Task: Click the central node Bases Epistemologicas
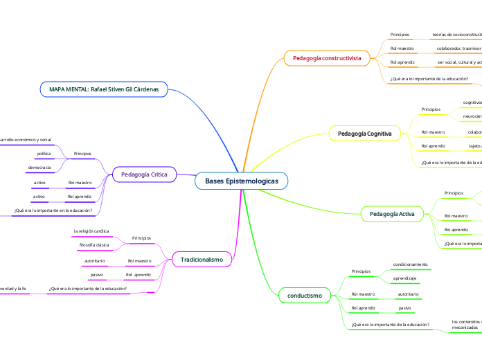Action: (x=241, y=181)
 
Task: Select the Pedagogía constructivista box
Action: (x=326, y=59)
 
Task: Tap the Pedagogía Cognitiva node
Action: (x=364, y=133)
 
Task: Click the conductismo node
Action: (x=304, y=296)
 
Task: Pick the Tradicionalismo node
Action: (x=202, y=260)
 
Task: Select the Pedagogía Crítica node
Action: (x=144, y=174)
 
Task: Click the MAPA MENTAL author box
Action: (x=103, y=89)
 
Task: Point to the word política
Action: (x=44, y=153)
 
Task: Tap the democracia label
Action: (x=39, y=168)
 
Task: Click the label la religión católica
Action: (x=91, y=231)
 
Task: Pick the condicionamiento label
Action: (x=410, y=264)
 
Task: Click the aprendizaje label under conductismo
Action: (x=404, y=278)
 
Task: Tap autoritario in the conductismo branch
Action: (x=408, y=294)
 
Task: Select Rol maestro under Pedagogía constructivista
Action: (x=402, y=48)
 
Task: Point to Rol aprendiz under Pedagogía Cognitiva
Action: (x=433, y=146)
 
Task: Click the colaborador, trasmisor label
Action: (x=458, y=48)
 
